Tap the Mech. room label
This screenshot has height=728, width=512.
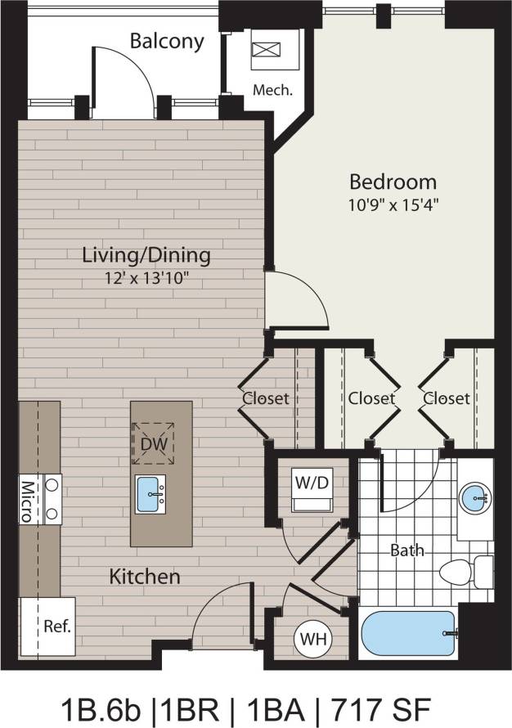[272, 90]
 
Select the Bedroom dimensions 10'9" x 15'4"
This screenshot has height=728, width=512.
[393, 204]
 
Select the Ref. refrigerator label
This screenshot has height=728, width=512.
[57, 627]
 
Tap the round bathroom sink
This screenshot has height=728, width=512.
[475, 496]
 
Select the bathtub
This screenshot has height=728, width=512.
[406, 635]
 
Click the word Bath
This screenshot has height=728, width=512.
[406, 550]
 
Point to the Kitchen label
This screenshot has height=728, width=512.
[145, 577]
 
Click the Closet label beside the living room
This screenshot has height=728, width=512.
[266, 398]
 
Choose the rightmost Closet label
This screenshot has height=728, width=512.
[447, 398]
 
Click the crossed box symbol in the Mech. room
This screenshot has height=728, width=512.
[265, 49]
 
